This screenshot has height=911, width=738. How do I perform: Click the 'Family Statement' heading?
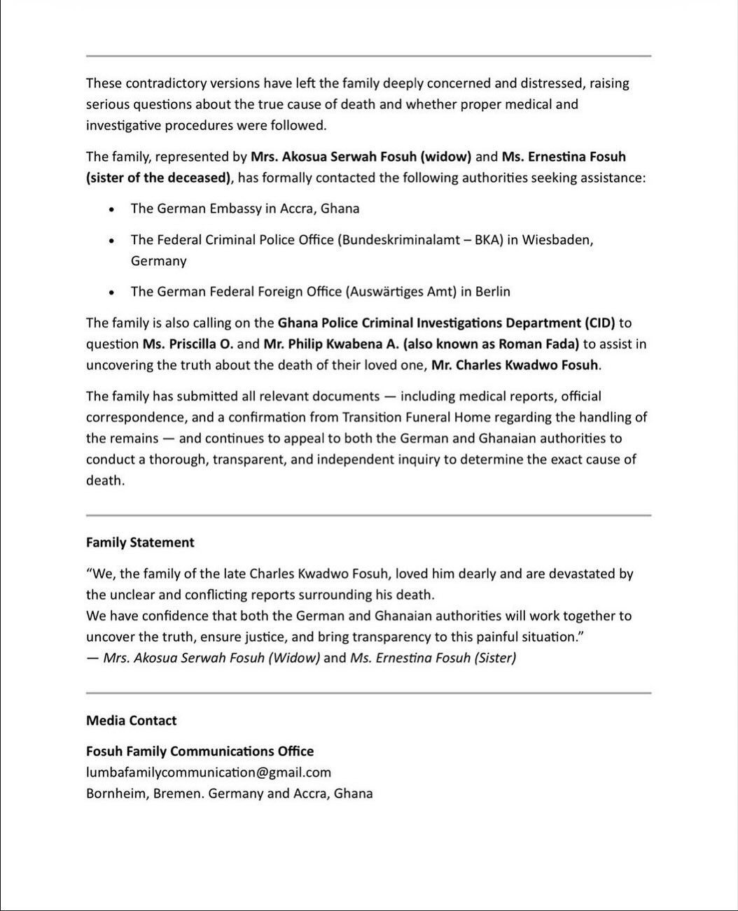click(140, 542)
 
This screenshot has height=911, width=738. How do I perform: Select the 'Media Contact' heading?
click(131, 721)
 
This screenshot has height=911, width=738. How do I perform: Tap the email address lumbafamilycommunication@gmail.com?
click(208, 772)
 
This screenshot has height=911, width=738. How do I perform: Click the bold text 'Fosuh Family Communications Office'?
click(200, 751)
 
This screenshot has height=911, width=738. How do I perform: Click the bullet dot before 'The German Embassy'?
click(111, 209)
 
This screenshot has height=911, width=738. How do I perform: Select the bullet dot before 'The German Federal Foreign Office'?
click(111, 292)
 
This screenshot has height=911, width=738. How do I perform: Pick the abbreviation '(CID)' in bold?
click(599, 323)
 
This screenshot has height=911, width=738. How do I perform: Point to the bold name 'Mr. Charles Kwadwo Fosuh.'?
click(516, 365)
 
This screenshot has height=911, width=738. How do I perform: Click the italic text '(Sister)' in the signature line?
click(495, 658)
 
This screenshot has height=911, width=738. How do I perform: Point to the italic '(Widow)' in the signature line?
click(294, 658)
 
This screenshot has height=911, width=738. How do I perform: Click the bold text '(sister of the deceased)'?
click(158, 178)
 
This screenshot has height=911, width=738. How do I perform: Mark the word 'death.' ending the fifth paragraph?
click(105, 481)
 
